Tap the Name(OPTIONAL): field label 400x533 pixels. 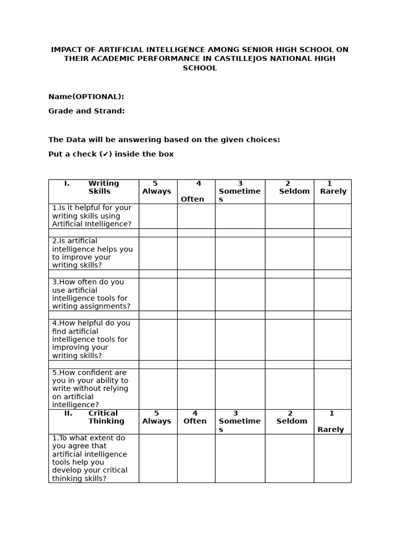(86, 97)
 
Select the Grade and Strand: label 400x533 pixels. (86, 111)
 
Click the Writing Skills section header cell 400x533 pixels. (94, 192)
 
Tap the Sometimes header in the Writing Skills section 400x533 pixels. (240, 192)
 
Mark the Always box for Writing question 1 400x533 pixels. (158, 216)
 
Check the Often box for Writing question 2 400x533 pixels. (196, 253)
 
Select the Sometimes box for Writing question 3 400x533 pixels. (240, 294)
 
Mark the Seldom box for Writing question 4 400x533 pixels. (289, 339)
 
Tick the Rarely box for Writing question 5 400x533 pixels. (332, 389)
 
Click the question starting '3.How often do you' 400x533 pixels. (91, 294)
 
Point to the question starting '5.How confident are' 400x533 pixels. (90, 389)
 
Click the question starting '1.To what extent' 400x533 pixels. (90, 458)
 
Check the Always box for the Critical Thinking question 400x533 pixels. (158, 458)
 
